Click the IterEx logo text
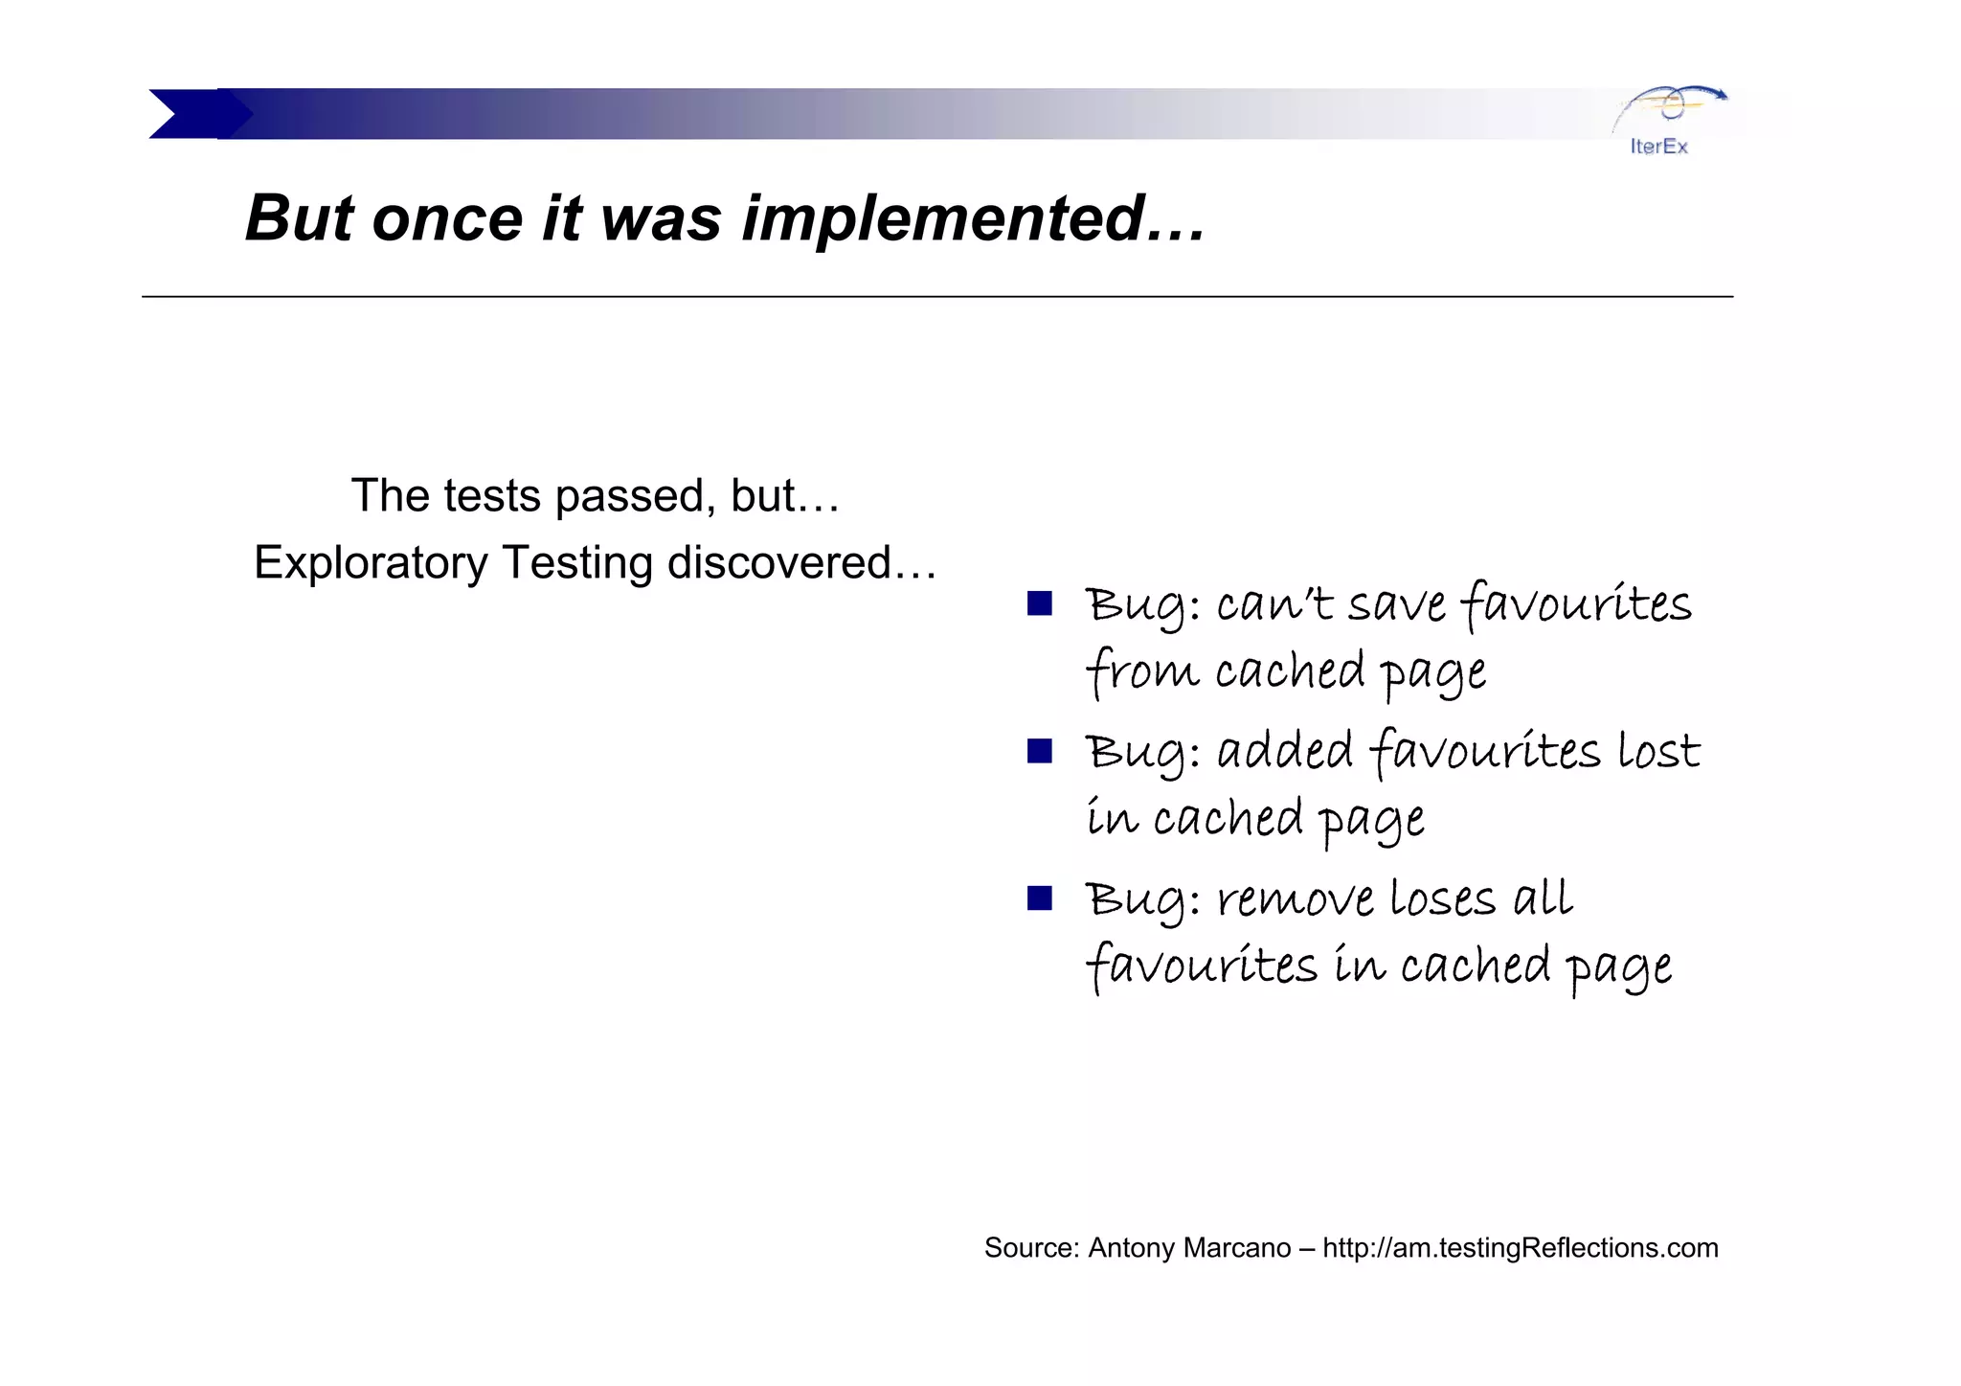(x=1658, y=147)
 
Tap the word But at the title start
(x=299, y=218)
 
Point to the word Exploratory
(x=371, y=563)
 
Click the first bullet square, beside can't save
(x=1039, y=603)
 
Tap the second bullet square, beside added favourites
(x=1039, y=751)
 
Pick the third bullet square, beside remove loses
(x=1039, y=898)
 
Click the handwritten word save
(x=1396, y=605)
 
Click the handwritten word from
(x=1141, y=670)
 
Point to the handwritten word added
(x=1284, y=751)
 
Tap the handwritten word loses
(x=1441, y=899)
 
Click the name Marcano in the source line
(x=1237, y=1248)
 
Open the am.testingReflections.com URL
(x=1520, y=1248)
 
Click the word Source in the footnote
(x=1029, y=1248)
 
